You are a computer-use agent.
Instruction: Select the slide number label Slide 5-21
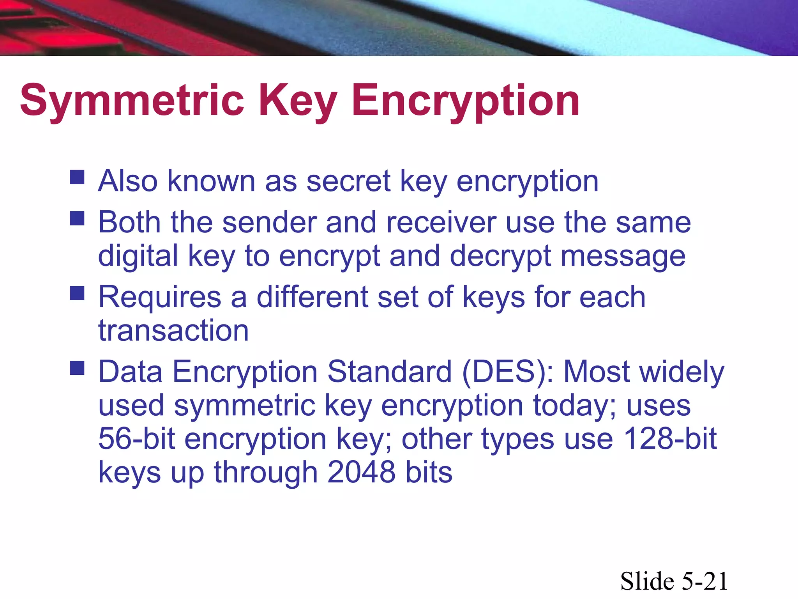point(674,581)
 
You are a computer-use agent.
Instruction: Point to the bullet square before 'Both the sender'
point(77,218)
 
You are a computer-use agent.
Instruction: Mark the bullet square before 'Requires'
point(77,293)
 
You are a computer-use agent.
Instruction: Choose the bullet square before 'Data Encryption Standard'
point(77,367)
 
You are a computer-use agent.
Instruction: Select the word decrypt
point(501,256)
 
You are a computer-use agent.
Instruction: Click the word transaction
point(173,330)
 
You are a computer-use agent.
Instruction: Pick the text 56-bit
point(136,438)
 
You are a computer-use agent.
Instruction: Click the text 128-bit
point(670,438)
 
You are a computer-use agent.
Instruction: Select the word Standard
point(390,372)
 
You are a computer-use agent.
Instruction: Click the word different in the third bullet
point(312,297)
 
